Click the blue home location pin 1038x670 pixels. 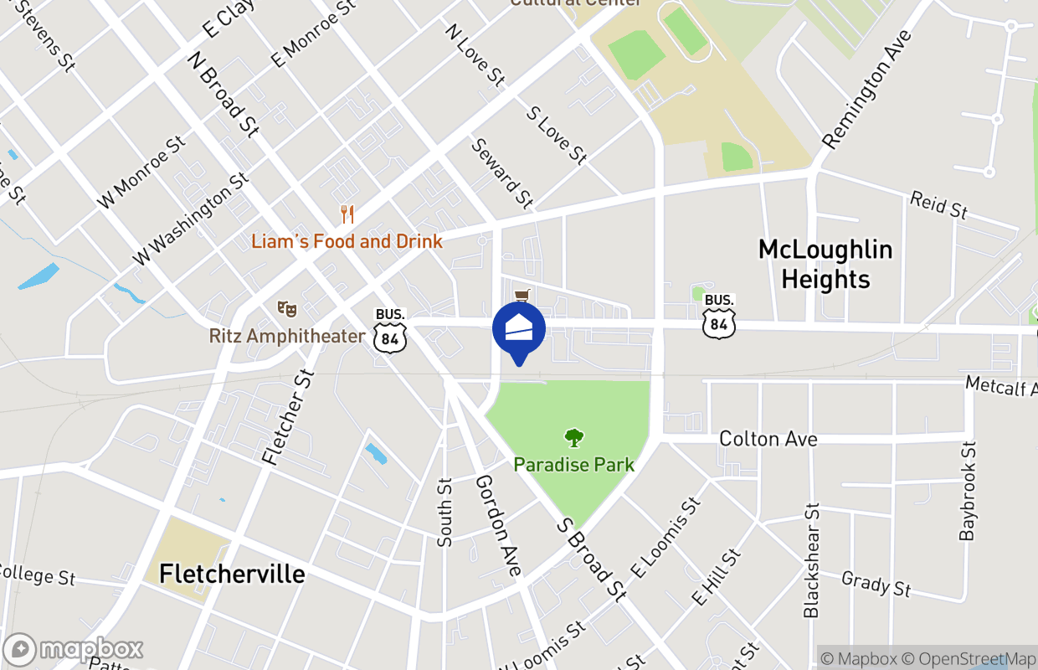pyautogui.click(x=519, y=330)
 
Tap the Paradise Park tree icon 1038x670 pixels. pyautogui.click(x=573, y=437)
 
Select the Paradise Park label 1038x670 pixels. pyautogui.click(x=573, y=464)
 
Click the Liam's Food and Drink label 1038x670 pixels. pyautogui.click(x=347, y=241)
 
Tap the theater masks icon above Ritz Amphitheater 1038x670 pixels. pyautogui.click(x=287, y=308)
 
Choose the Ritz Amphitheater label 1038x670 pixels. pyautogui.click(x=287, y=336)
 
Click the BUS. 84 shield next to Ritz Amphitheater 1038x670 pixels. pyautogui.click(x=390, y=330)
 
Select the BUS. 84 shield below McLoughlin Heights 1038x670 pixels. pyautogui.click(x=719, y=316)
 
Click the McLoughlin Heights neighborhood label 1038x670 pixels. pyautogui.click(x=825, y=264)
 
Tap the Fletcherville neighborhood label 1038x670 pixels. pyautogui.click(x=232, y=574)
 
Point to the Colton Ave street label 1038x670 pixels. pyautogui.click(x=768, y=439)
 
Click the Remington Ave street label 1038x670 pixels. pyautogui.click(x=866, y=90)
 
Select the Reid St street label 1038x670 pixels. pyautogui.click(x=938, y=205)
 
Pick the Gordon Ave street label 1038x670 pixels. pyautogui.click(x=499, y=525)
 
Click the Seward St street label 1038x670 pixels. pyautogui.click(x=502, y=174)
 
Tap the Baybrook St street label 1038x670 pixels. pyautogui.click(x=969, y=492)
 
